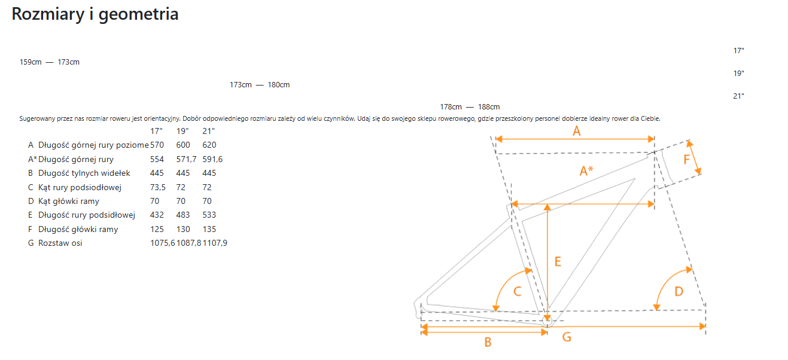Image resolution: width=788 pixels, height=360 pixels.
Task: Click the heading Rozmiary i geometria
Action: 95,15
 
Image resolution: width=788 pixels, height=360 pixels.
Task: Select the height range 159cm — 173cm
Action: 50,62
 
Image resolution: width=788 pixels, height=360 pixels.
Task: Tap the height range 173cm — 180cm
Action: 260,85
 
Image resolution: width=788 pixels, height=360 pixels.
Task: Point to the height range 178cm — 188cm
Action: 470,107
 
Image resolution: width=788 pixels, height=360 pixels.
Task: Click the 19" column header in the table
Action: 182,131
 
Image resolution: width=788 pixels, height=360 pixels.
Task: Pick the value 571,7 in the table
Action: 186,159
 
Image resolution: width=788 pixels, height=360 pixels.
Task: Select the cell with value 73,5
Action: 157,187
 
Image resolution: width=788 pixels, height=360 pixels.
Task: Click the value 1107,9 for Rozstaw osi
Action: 215,243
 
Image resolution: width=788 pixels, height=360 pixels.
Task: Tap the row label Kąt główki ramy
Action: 69,201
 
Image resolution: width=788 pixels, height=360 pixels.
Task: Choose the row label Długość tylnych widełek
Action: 84,173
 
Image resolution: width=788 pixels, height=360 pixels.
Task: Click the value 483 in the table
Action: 183,215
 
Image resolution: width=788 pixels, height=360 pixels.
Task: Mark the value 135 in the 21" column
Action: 209,229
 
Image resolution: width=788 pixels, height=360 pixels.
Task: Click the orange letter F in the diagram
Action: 686,160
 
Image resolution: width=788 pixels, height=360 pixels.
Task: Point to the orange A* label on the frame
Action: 586,171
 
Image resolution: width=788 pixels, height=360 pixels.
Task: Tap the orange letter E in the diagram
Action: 558,261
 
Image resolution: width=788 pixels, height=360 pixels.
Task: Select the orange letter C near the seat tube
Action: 517,291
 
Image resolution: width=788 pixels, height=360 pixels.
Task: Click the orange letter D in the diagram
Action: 679,291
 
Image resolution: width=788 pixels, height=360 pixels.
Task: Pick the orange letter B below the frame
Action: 488,342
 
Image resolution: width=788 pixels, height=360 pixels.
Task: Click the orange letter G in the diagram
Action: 567,337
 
